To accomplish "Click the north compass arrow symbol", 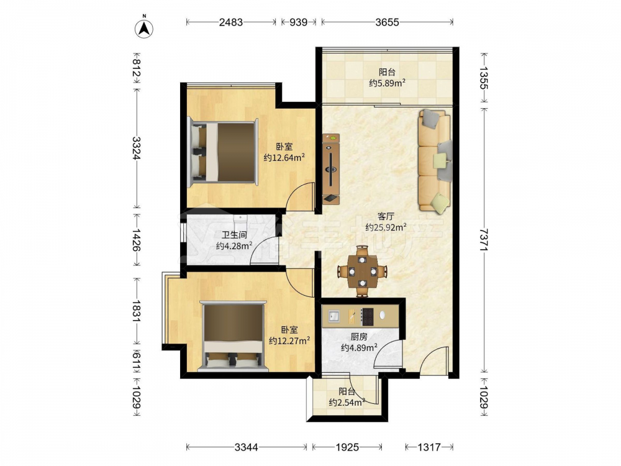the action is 144,28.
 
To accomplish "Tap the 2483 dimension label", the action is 231,22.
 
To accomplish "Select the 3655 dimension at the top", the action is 387,22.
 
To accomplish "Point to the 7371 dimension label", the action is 484,239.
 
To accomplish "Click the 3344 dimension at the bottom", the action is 247,447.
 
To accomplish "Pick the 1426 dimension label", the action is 137,240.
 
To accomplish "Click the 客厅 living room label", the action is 386,216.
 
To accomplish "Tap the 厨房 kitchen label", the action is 359,337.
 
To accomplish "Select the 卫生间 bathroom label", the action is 234,235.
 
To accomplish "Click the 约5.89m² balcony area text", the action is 387,83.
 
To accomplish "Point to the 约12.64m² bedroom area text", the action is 284,158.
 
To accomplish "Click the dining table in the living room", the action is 362,272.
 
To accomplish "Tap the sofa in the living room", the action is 435,160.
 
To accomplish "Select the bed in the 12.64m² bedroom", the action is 222,152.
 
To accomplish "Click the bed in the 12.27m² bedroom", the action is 233,336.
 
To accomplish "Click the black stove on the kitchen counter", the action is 367,316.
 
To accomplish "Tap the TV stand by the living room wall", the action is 331,169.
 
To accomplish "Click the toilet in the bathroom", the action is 240,221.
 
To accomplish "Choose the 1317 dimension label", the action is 429,447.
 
